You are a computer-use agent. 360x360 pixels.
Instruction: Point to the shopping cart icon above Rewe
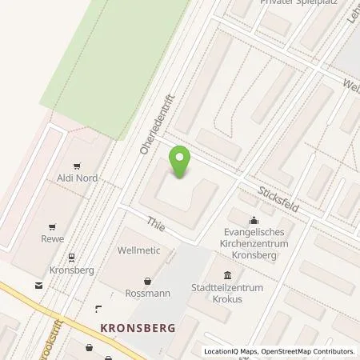(x=54, y=226)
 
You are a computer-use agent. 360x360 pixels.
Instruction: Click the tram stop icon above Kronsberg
(x=71, y=257)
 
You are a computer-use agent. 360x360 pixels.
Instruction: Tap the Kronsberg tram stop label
(x=72, y=270)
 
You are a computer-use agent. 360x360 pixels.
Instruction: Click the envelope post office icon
(x=37, y=284)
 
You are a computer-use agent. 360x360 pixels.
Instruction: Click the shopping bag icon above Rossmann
(x=147, y=281)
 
